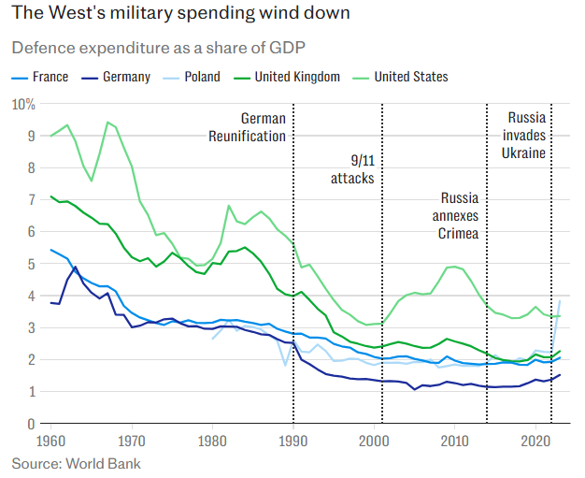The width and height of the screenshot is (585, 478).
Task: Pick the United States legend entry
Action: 410,78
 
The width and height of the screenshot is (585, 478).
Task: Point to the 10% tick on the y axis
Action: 22,104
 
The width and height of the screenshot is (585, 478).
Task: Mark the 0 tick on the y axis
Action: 29,424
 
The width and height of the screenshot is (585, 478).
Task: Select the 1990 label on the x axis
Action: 292,441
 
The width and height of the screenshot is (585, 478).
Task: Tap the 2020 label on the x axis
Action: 534,441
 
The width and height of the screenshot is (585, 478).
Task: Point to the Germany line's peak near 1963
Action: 75,268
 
